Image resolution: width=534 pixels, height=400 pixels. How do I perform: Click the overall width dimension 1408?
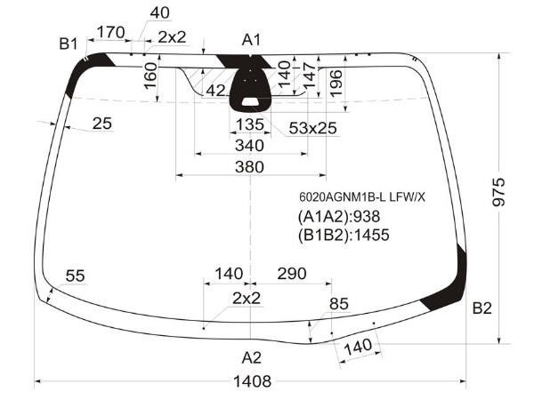252,381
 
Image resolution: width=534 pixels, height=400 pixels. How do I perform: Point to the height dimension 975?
499,192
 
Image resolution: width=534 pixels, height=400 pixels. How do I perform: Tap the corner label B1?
69,44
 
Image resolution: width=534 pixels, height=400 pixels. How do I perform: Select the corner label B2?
482,308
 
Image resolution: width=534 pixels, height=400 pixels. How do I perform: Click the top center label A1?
251,40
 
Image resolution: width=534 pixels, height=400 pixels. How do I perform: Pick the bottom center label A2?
252,358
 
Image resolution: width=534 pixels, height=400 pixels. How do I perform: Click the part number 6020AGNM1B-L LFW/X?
362,197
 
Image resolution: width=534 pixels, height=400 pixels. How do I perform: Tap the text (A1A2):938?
339,216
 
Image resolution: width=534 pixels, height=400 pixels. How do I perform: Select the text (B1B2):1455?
344,235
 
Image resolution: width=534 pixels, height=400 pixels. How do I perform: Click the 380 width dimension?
249,167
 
